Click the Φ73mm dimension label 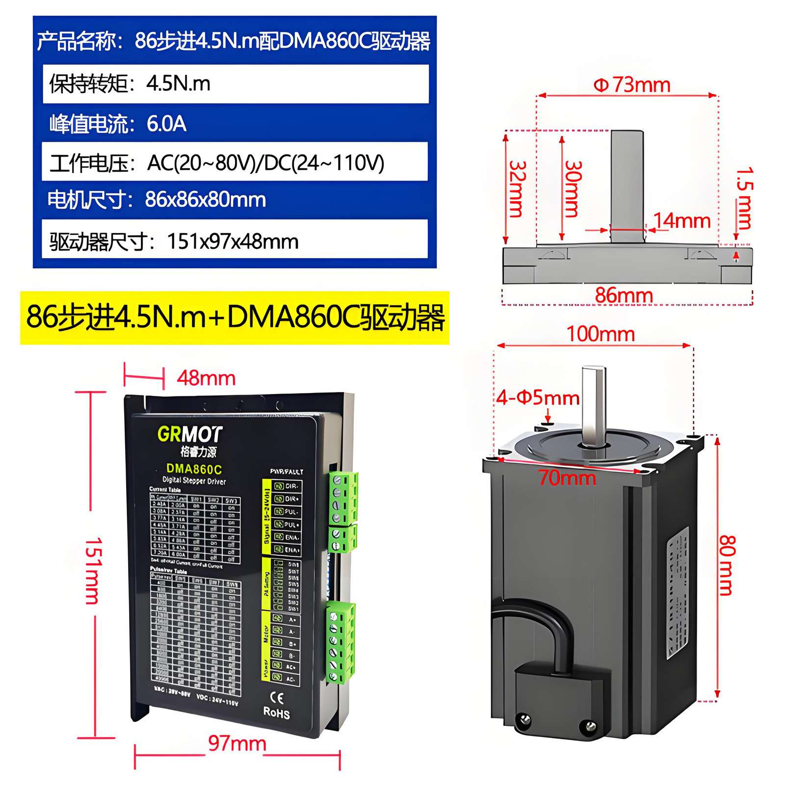pyautogui.click(x=631, y=85)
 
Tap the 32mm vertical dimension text pyautogui.click(x=517, y=189)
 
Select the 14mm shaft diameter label pyautogui.click(x=682, y=221)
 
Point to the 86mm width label pyautogui.click(x=624, y=295)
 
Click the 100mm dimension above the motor pyautogui.click(x=601, y=334)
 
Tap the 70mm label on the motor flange pyautogui.click(x=568, y=477)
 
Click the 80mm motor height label pyautogui.click(x=727, y=565)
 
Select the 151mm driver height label pyautogui.click(x=92, y=570)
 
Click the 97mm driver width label pyautogui.click(x=237, y=743)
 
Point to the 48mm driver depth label pyautogui.click(x=206, y=378)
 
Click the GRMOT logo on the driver pyautogui.click(x=190, y=434)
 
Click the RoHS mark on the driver pyautogui.click(x=276, y=713)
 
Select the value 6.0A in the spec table pyautogui.click(x=166, y=124)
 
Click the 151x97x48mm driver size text pyautogui.click(x=233, y=241)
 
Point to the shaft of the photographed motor pyautogui.click(x=593, y=405)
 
